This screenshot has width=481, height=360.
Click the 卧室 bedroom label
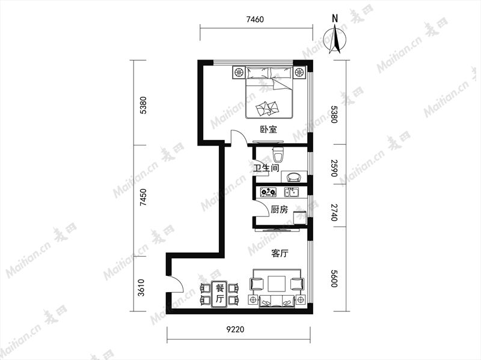268,129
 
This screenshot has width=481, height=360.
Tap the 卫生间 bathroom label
266,168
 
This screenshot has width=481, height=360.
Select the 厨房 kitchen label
279,210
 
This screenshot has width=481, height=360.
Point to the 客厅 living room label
280,254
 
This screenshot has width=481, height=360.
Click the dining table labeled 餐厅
219,294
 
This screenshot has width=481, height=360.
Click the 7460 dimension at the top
255,20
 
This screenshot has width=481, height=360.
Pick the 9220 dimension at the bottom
236,329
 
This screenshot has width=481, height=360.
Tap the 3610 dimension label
141,288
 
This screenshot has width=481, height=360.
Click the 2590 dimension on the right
334,168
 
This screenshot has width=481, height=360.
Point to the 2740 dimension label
334,212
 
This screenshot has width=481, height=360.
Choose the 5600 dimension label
334,278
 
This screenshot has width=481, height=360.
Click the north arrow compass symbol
336,39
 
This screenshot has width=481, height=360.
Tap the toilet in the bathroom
278,154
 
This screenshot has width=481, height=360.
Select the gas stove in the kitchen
268,192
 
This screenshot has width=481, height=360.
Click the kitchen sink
292,192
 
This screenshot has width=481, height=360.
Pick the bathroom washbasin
294,177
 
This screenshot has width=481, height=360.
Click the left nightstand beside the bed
239,73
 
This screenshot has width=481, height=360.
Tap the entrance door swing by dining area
176,284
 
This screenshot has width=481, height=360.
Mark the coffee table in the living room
277,284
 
